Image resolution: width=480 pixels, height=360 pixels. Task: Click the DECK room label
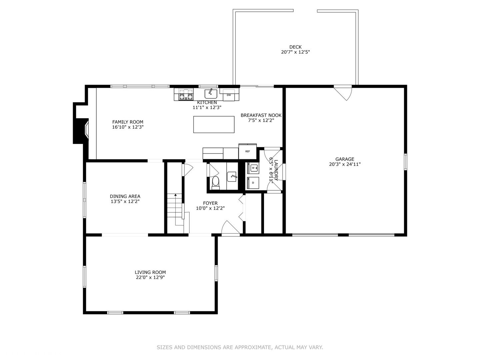(295, 47)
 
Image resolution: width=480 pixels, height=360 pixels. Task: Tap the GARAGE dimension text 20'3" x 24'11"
(345, 164)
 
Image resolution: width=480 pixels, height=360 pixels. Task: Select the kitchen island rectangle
(214, 124)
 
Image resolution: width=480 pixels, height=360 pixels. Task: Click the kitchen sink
(211, 94)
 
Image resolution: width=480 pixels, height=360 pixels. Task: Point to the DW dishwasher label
(229, 95)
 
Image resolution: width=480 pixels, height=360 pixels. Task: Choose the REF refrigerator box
(247, 151)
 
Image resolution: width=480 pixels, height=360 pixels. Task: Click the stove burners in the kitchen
(186, 94)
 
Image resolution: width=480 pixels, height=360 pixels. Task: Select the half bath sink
(232, 177)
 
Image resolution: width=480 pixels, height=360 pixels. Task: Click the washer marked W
(253, 168)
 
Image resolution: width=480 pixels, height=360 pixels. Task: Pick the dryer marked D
(253, 183)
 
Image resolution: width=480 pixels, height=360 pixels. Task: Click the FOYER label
(210, 203)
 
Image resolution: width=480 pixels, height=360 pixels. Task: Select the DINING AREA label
(125, 196)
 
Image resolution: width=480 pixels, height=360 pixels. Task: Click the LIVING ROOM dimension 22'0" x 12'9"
(150, 277)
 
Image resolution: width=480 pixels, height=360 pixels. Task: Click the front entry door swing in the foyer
(230, 228)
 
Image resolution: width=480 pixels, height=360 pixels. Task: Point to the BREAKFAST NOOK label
(261, 115)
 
